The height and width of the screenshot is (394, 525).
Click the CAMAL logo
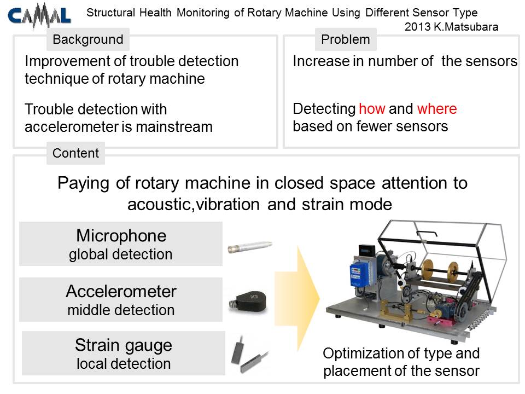(39, 15)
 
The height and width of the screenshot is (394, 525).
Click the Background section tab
(88, 39)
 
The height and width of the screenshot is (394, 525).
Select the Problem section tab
(346, 39)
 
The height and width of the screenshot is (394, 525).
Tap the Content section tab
(75, 153)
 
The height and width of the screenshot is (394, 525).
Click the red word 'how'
(372, 108)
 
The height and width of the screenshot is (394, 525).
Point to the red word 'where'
(437, 108)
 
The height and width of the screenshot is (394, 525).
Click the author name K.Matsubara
(466, 27)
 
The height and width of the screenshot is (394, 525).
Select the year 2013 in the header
(417, 27)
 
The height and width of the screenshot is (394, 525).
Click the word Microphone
(121, 235)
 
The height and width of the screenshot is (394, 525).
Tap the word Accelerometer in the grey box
(121, 291)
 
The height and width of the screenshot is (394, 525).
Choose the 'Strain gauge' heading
(124, 345)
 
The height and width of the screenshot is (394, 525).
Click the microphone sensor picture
(250, 247)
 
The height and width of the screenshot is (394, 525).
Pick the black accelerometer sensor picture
(248, 301)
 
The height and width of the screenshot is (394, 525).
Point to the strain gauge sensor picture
(249, 355)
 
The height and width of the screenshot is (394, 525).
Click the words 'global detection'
(121, 254)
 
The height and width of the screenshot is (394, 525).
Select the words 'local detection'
(124, 363)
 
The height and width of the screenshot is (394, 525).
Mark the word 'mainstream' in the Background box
(174, 127)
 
